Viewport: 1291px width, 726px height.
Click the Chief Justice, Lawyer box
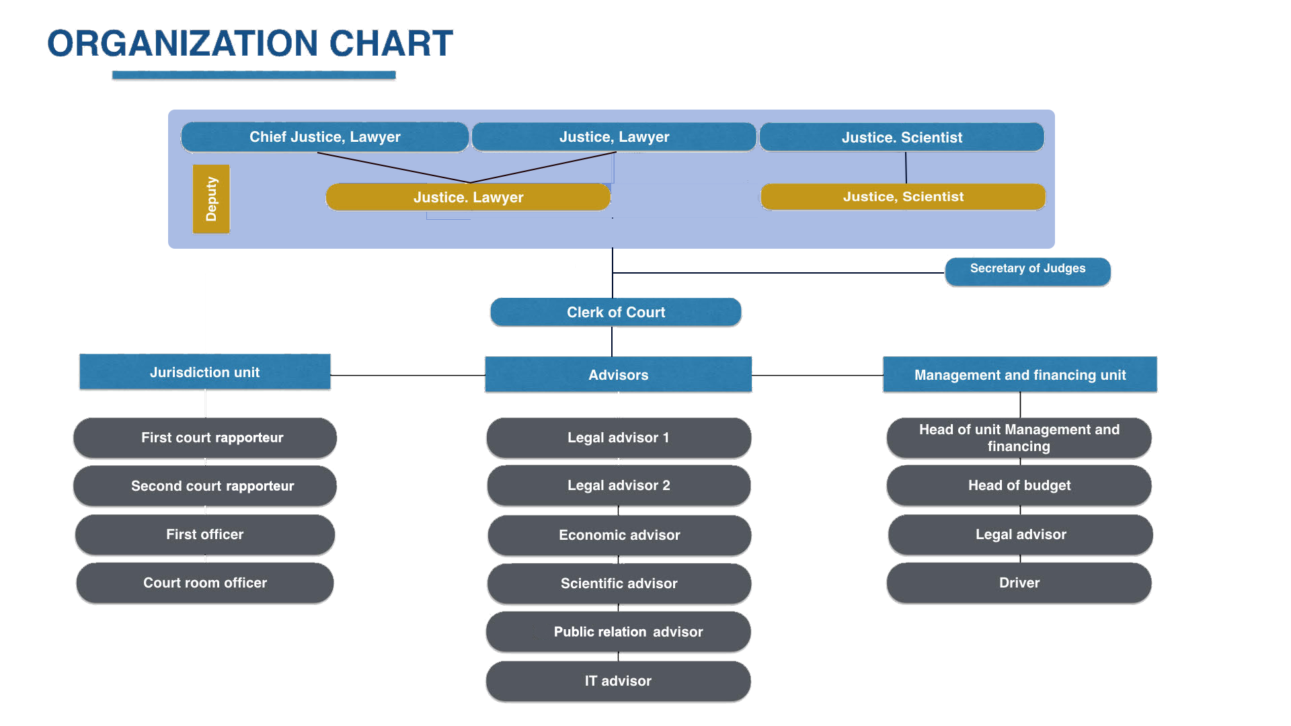(325, 137)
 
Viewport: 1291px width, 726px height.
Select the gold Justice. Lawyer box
(468, 198)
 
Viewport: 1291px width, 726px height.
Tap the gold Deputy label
(211, 200)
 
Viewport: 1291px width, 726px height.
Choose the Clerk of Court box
(616, 313)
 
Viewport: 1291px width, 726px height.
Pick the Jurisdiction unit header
(205, 372)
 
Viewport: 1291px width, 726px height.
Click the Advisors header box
(619, 375)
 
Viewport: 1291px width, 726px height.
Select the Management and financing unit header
(1019, 375)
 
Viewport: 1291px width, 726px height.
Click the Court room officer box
(205, 583)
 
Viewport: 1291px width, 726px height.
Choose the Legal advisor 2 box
(619, 486)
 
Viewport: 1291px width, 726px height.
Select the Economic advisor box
(619, 536)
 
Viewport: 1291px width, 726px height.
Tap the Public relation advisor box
(619, 633)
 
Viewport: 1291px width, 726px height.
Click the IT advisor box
(619, 682)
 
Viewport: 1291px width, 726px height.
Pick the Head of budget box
(1019, 486)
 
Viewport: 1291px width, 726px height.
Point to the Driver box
(1019, 583)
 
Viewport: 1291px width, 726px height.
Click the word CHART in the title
(392, 44)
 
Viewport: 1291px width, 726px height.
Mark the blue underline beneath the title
(254, 76)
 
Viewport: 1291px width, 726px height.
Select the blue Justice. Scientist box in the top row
(902, 138)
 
